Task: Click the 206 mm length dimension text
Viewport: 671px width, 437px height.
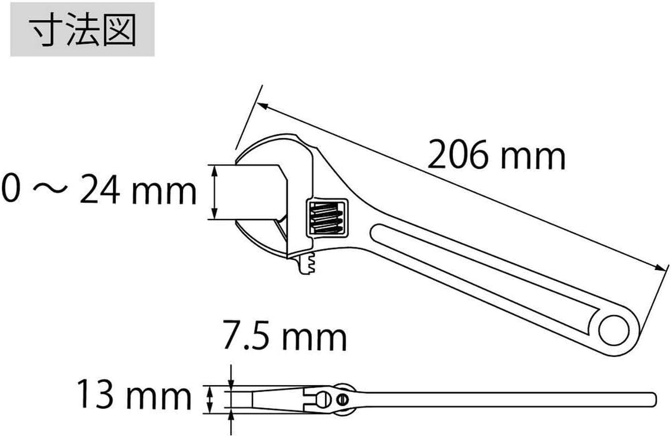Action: [x=496, y=157]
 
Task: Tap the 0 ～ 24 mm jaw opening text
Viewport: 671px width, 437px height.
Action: [x=98, y=191]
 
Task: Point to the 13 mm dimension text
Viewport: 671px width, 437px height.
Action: [x=133, y=397]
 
